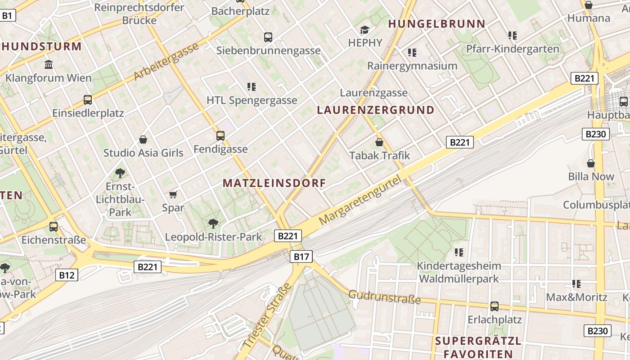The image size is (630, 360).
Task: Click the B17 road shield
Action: click(x=301, y=256)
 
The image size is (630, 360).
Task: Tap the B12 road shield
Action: click(x=67, y=274)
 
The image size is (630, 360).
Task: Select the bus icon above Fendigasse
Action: click(x=220, y=135)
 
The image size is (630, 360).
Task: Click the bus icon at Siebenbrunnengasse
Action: click(x=268, y=37)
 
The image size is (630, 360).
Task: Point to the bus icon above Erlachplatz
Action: click(x=495, y=306)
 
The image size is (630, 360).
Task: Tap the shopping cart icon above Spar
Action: click(x=173, y=194)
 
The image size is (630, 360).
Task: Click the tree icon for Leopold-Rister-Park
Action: click(x=213, y=223)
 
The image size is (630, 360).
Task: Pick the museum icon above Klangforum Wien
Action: click(x=49, y=64)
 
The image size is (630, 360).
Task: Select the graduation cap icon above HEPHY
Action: click(x=364, y=30)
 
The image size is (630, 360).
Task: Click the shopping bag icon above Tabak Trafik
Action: click(x=379, y=142)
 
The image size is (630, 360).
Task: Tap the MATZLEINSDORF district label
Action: click(x=274, y=183)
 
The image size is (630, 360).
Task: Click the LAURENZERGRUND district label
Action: click(x=376, y=110)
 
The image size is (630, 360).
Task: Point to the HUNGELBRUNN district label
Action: click(x=436, y=24)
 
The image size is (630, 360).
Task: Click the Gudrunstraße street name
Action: click(x=384, y=297)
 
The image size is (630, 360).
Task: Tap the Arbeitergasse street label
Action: click(x=166, y=62)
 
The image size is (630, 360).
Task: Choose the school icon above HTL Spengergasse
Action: click(x=252, y=86)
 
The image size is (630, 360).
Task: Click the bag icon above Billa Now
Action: click(x=591, y=163)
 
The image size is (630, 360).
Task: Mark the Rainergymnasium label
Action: click(x=412, y=66)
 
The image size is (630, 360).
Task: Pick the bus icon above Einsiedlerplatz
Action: click(x=88, y=99)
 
